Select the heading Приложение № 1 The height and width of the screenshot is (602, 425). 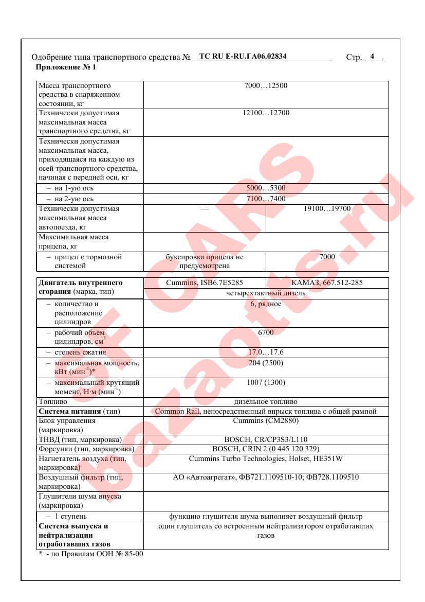(66, 67)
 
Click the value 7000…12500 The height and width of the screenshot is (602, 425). (266, 86)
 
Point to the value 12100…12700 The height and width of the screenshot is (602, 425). (266, 113)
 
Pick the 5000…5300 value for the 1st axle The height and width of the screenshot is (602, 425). (266, 188)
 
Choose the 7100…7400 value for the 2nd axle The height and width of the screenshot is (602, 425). (266, 199)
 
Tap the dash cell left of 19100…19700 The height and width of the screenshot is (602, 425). (205, 209)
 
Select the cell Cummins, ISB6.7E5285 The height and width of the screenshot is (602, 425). (205, 283)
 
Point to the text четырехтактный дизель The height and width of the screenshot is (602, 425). (266, 293)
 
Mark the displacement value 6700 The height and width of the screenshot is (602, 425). (266, 333)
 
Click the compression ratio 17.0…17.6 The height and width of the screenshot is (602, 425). (266, 352)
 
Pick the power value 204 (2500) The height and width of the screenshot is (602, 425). (266, 363)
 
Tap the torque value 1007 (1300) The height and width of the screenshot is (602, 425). (266, 382)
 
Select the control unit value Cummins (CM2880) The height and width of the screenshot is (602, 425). (266, 421)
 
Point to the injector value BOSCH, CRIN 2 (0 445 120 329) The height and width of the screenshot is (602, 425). (266, 449)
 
